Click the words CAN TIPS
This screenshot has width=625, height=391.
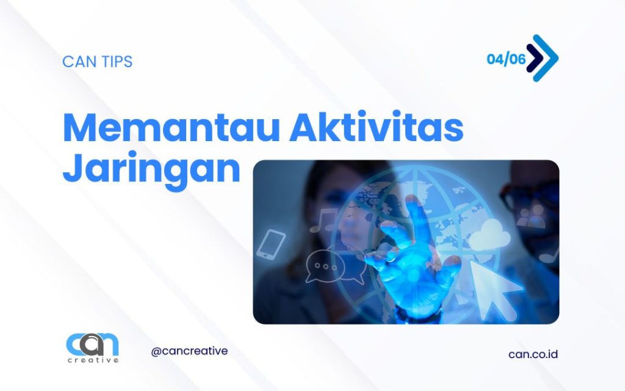click(97, 62)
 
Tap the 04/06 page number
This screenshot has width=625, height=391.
click(506, 59)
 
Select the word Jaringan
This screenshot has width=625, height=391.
click(151, 168)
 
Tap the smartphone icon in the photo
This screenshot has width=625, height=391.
click(271, 243)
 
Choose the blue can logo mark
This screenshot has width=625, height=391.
click(92, 345)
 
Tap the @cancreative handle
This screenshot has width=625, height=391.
click(189, 351)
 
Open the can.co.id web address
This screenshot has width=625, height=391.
click(533, 354)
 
